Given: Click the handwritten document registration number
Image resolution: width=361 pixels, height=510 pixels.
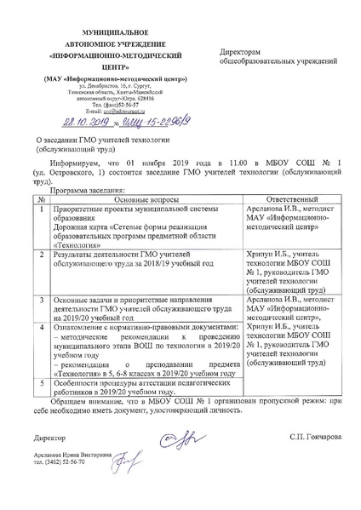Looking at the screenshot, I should point(143,122).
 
